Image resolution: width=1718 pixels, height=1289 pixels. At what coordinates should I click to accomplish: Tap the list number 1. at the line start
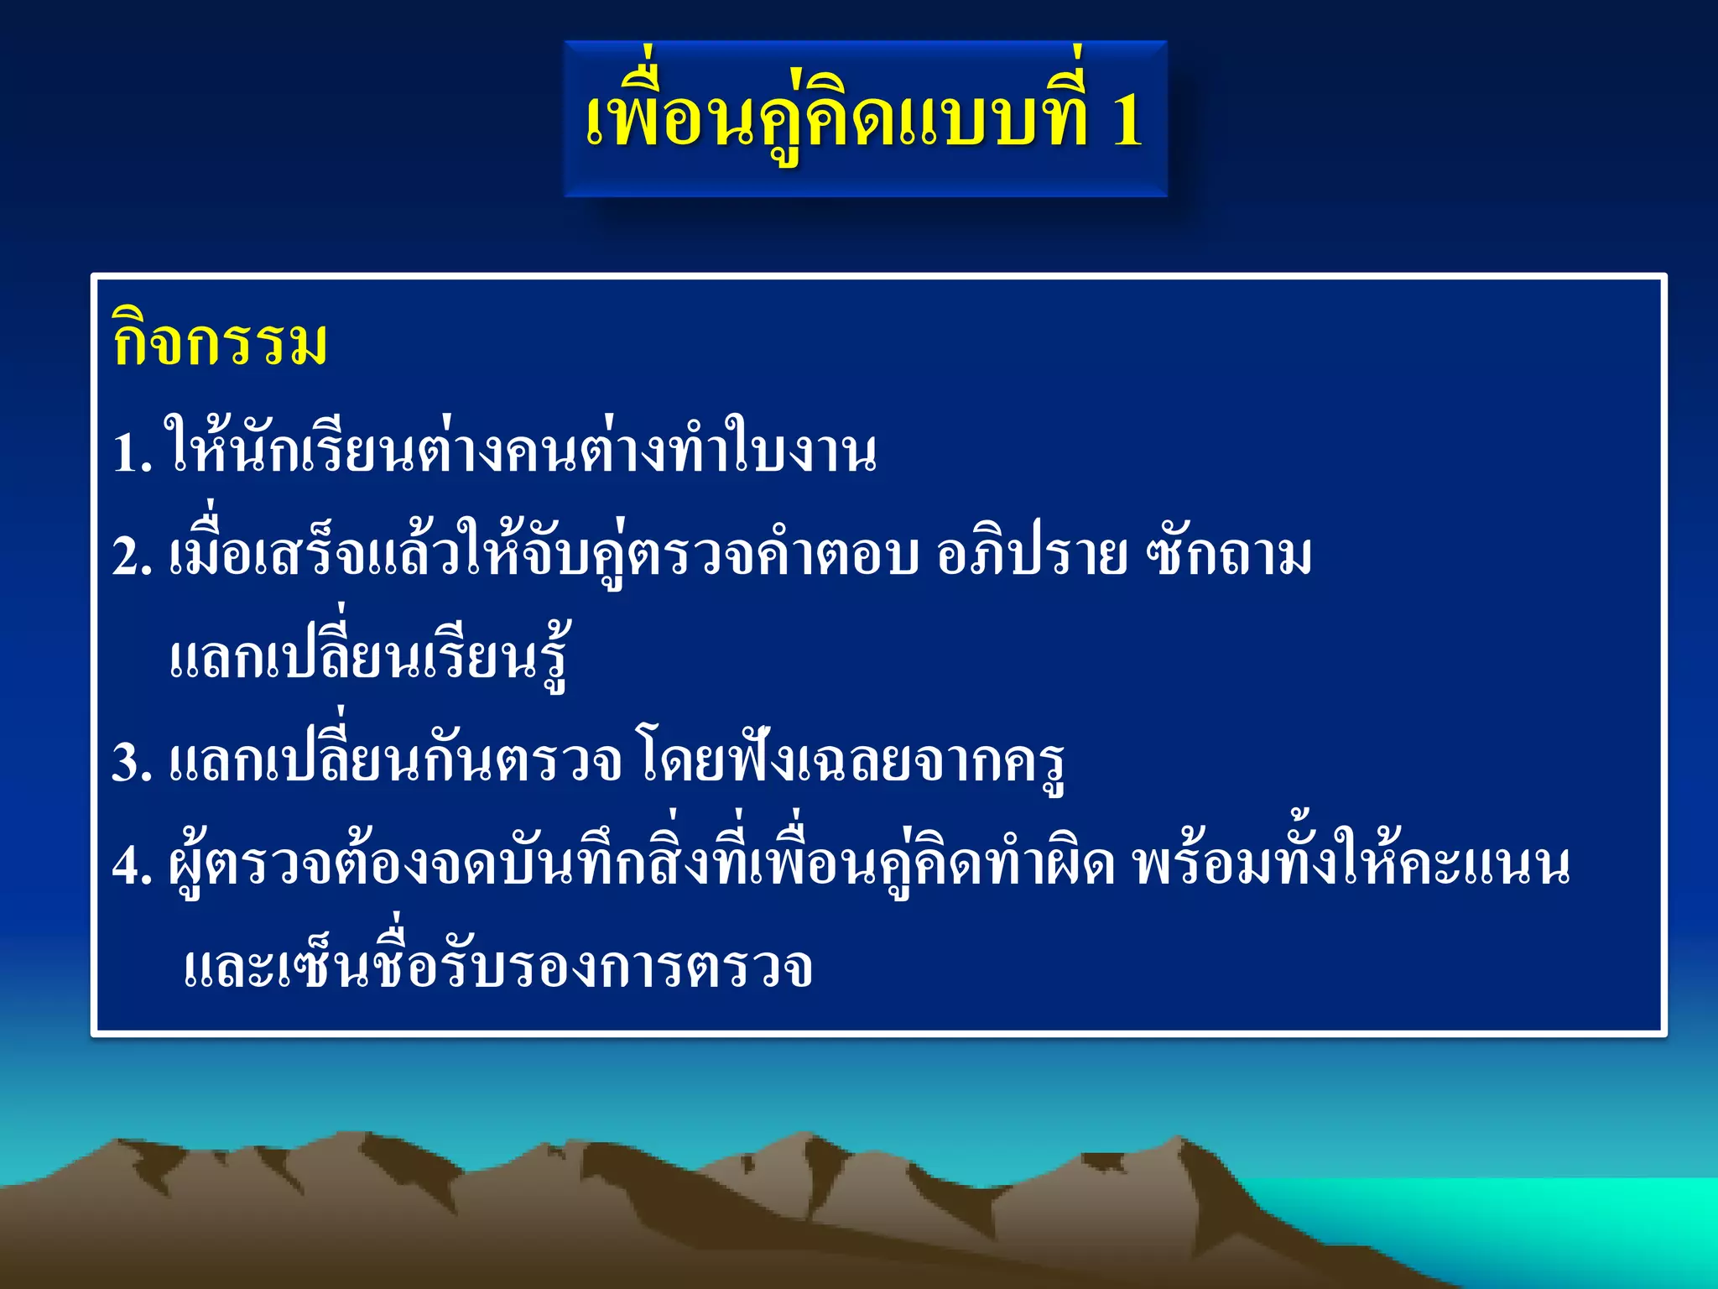point(133,454)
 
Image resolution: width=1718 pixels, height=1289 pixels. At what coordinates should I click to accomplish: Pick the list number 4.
point(133,866)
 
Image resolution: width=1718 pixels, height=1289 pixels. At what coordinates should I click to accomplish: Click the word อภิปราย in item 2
point(1032,556)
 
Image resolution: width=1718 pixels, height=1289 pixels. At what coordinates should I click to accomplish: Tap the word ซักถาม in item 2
point(1230,556)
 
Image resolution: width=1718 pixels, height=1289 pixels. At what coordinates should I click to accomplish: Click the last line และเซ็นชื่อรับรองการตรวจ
point(497,968)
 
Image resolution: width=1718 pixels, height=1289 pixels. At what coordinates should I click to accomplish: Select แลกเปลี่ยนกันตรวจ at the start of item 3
point(394,762)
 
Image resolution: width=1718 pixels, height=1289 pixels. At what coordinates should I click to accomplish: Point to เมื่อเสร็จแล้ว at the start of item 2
point(315,556)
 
